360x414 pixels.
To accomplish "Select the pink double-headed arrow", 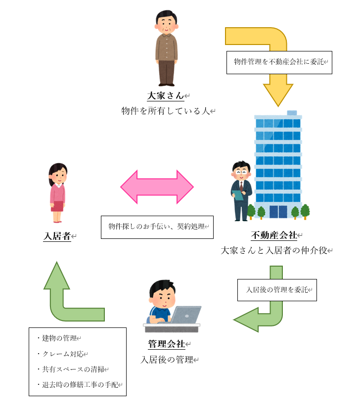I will tap(157, 187).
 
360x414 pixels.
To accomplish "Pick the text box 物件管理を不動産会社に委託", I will tap(278, 63).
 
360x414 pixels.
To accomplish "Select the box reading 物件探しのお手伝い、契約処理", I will tap(157, 227).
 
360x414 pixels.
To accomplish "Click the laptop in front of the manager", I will tap(185, 316).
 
